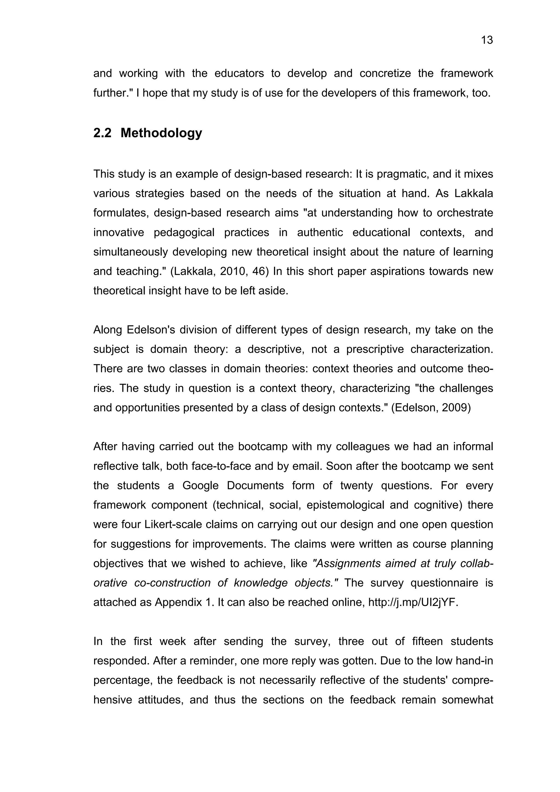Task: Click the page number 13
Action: click(x=487, y=40)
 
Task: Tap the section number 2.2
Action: click(x=102, y=133)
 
